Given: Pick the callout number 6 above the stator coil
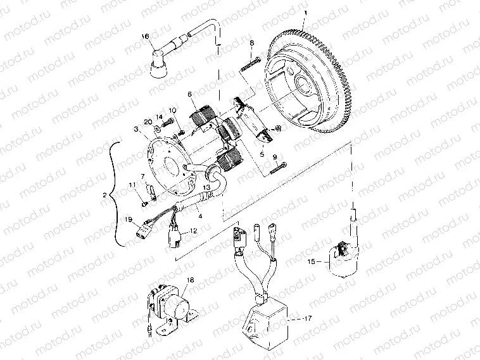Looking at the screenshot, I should pos(189,95).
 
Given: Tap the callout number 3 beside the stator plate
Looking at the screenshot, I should pos(136,129).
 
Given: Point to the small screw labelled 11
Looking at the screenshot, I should pos(145,202).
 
